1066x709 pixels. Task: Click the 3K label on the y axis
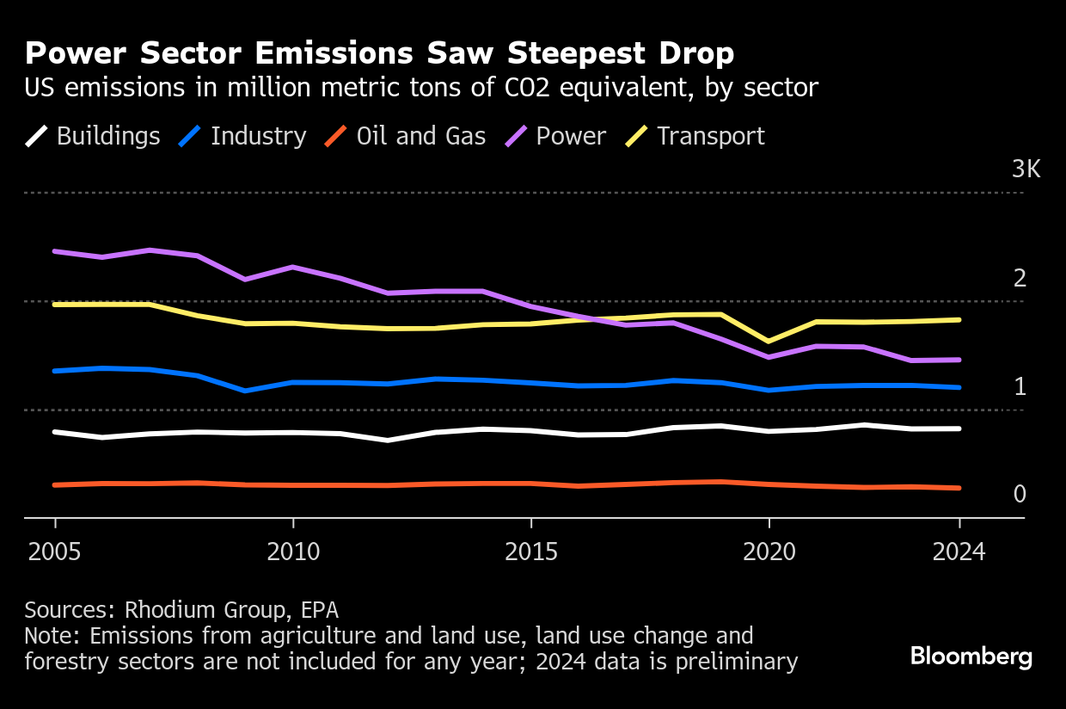(x=1026, y=169)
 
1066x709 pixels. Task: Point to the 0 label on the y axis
(x=1020, y=494)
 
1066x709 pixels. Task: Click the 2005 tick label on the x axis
(x=55, y=552)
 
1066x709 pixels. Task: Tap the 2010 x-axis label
(x=293, y=552)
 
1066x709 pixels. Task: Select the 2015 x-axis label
(x=531, y=552)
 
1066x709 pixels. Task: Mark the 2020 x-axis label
(x=769, y=552)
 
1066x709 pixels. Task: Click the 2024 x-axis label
(x=959, y=552)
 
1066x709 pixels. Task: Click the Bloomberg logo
(x=971, y=657)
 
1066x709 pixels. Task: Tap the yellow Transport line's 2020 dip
(x=769, y=342)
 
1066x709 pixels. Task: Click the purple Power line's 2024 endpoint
(x=959, y=360)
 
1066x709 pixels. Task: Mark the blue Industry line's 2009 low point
(x=246, y=391)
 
